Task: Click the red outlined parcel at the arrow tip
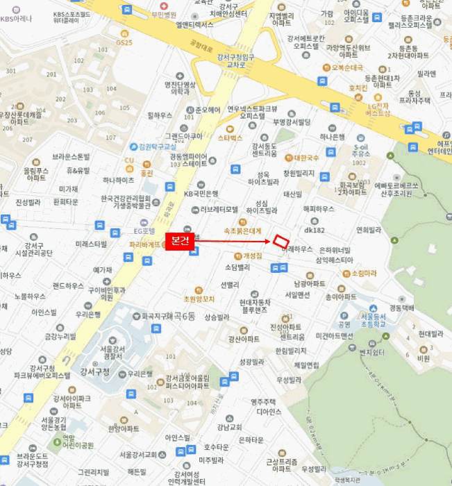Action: click(281, 240)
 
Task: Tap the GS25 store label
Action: click(124, 42)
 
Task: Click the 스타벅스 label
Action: click(230, 138)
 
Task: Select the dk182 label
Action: click(315, 229)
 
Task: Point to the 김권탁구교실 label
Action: click(158, 146)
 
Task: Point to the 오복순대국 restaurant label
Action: click(346, 67)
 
